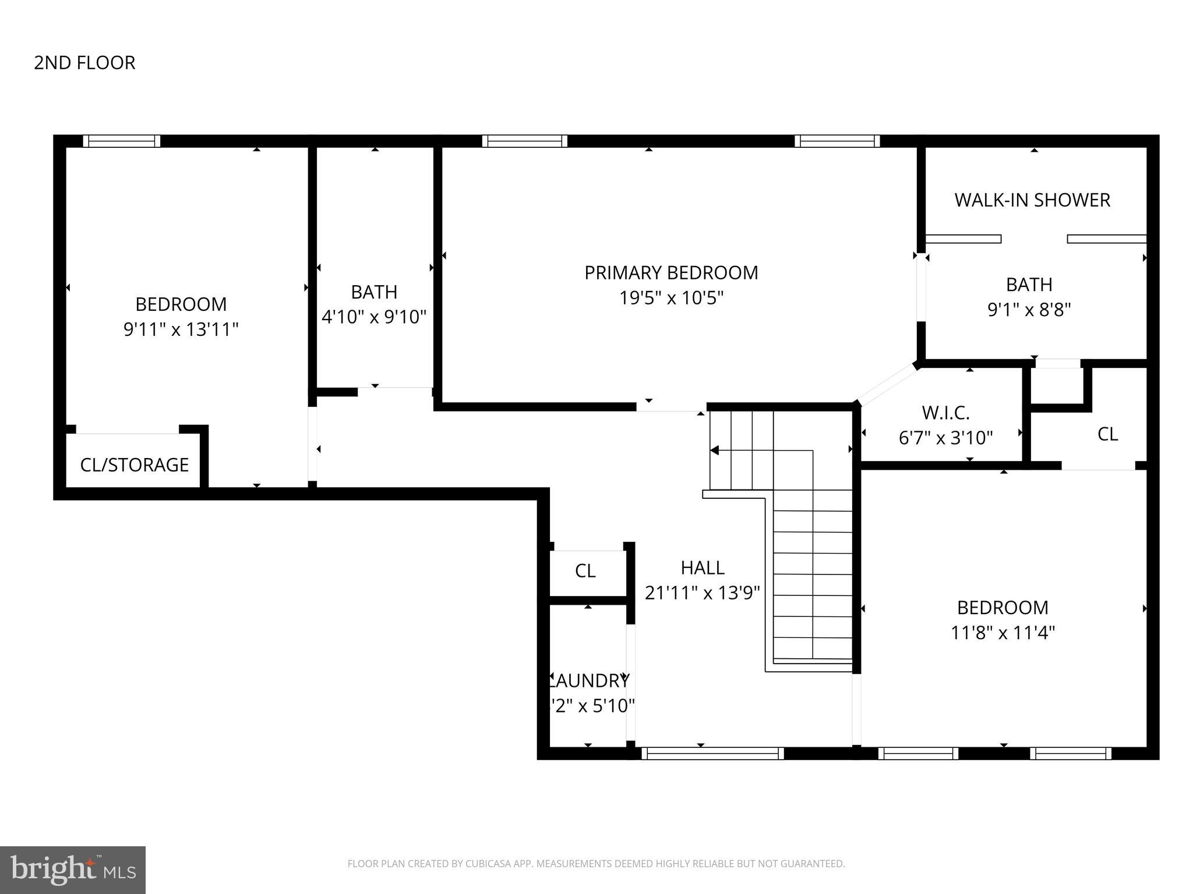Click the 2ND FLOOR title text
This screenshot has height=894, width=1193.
84,63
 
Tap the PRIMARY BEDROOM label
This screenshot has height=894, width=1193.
671,273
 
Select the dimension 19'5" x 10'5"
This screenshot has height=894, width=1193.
671,299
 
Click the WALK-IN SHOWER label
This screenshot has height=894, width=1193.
1032,200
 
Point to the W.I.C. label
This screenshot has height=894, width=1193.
945,413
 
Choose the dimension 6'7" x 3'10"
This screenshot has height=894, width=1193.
945,438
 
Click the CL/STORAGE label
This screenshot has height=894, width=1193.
135,465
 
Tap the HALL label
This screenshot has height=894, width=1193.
703,568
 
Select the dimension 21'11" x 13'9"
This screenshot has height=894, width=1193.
703,593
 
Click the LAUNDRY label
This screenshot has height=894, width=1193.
590,680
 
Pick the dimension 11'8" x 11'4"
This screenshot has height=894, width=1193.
1003,633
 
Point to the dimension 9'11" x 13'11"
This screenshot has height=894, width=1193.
181,330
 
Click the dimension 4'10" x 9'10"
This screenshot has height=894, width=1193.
374,317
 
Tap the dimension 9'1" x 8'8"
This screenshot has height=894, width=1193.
1029,310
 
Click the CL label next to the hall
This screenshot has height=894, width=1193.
585,572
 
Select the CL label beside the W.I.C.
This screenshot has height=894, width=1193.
1107,434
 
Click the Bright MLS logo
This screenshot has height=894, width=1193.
72,870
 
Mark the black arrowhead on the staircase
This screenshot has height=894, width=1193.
715,450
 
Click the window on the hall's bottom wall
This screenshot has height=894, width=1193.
712,753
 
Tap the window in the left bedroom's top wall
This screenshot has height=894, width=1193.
121,141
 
